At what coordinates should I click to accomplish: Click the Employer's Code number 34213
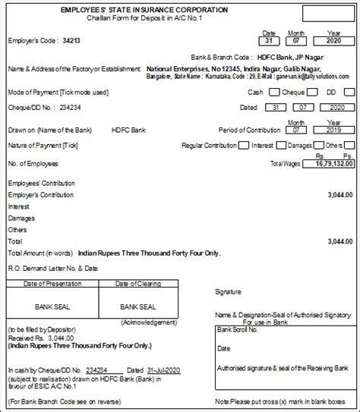(x=71, y=39)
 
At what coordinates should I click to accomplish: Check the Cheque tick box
(x=310, y=92)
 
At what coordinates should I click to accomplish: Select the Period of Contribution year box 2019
(x=333, y=130)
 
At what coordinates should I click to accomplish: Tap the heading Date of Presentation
(x=49, y=284)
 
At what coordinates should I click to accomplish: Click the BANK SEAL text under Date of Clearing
(x=138, y=307)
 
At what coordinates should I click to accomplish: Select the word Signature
(x=228, y=291)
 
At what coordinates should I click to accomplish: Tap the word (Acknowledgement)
(x=138, y=321)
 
